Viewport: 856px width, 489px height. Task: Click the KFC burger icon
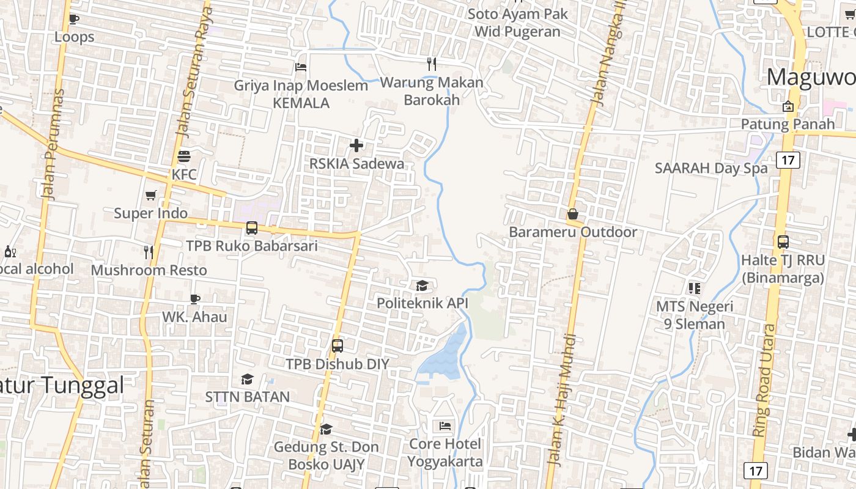click(x=184, y=156)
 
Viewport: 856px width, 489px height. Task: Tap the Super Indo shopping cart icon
click(x=151, y=195)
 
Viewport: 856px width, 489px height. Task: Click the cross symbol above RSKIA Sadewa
click(x=356, y=145)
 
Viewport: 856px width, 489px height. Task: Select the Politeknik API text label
click(x=422, y=303)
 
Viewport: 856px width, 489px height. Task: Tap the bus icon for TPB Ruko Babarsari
click(x=251, y=228)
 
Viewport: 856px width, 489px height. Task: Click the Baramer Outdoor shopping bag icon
click(x=573, y=214)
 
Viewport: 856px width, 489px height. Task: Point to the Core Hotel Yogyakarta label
click(x=445, y=452)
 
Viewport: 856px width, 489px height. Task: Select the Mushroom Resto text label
click(x=149, y=270)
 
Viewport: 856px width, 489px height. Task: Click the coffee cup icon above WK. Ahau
click(x=194, y=299)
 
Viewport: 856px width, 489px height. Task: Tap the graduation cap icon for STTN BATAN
click(x=247, y=380)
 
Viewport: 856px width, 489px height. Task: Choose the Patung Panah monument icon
click(x=788, y=106)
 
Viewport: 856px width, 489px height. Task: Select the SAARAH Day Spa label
click(x=710, y=168)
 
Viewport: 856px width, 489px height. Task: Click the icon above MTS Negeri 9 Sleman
click(x=694, y=288)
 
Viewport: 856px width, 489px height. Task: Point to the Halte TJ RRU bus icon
click(x=783, y=242)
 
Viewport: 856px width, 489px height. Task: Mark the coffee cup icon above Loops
click(x=74, y=19)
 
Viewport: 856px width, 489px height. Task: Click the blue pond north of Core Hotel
click(x=444, y=358)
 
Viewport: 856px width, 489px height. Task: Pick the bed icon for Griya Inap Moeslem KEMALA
click(x=301, y=67)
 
